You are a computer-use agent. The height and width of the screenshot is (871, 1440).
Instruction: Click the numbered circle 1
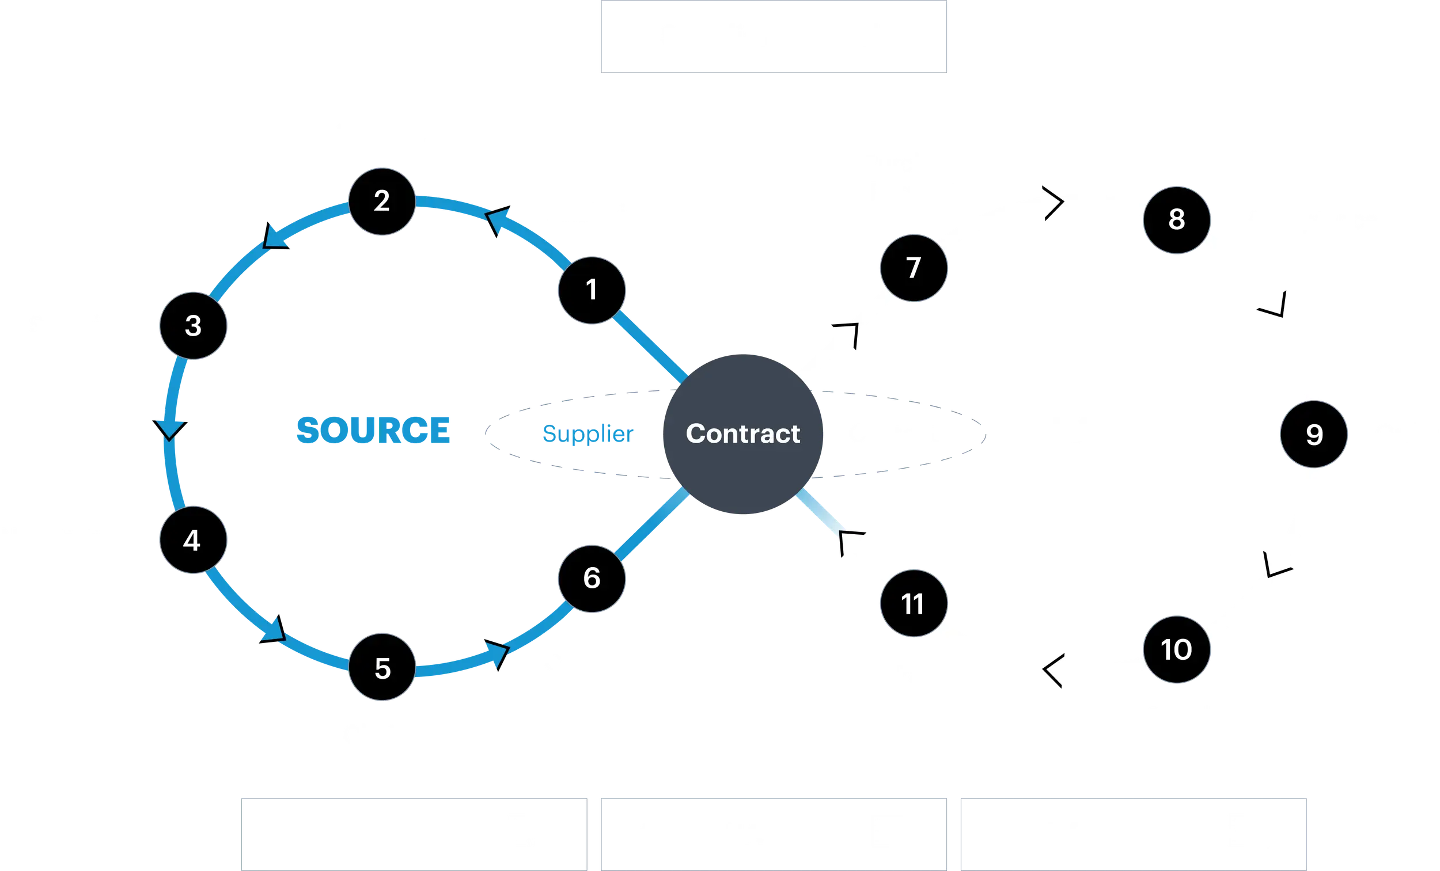pyautogui.click(x=592, y=290)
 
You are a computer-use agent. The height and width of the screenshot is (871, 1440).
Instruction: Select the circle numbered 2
pyautogui.click(x=382, y=201)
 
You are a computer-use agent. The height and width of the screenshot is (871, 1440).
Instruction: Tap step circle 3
pyautogui.click(x=193, y=325)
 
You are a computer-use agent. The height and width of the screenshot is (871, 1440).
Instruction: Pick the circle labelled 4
pyautogui.click(x=192, y=540)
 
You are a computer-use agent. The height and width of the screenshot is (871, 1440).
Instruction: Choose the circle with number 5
pyautogui.click(x=382, y=668)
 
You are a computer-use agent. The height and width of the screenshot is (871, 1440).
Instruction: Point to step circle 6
pyautogui.click(x=592, y=578)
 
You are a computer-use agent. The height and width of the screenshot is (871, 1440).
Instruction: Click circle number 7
pyautogui.click(x=914, y=268)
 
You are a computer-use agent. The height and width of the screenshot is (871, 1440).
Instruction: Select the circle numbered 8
pyautogui.click(x=1176, y=220)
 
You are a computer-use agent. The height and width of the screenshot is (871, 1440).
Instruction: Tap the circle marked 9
pyautogui.click(x=1314, y=434)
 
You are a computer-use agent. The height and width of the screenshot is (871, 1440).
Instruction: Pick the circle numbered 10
pyautogui.click(x=1176, y=649)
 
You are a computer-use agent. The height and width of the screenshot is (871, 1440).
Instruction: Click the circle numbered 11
pyautogui.click(x=914, y=603)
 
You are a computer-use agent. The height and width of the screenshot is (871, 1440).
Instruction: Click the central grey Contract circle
pyautogui.click(x=742, y=433)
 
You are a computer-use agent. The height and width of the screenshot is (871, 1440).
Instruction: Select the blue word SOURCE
pyautogui.click(x=373, y=431)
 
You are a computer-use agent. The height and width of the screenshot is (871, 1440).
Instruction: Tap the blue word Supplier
pyautogui.click(x=588, y=433)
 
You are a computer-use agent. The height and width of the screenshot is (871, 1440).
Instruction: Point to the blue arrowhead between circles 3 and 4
pyautogui.click(x=170, y=428)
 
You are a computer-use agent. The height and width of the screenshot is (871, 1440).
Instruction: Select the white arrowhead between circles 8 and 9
pyautogui.click(x=1275, y=305)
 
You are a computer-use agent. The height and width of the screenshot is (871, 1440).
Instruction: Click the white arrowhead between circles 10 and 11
pyautogui.click(x=1055, y=671)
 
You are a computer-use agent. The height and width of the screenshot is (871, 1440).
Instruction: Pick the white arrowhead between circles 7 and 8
pyautogui.click(x=1049, y=203)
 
